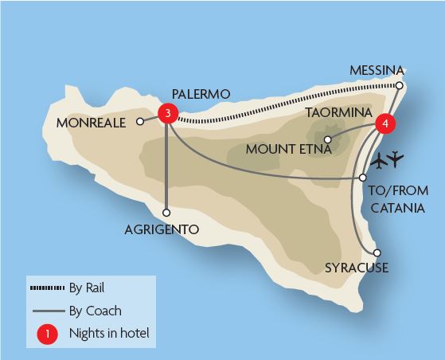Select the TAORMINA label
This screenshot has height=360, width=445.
tap(338, 113)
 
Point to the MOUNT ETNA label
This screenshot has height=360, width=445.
tap(283, 148)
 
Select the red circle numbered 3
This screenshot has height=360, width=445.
tap(166, 113)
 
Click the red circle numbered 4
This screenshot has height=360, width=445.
tap(384, 123)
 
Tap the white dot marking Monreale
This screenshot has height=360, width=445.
tap(139, 122)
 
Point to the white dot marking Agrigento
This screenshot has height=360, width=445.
tap(166, 213)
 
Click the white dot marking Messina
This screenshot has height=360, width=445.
tap(400, 85)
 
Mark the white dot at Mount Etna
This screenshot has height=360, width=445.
tap(328, 139)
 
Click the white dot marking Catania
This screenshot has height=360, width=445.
tap(362, 177)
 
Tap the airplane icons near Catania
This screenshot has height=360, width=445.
tap(389, 158)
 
